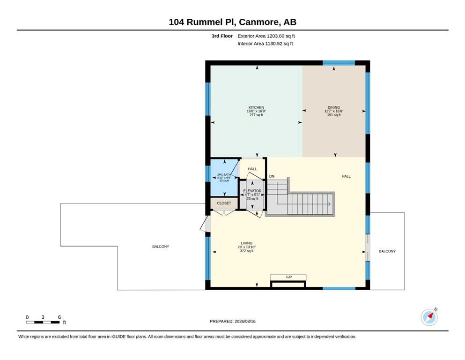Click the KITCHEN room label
(256, 107)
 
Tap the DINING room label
(333, 107)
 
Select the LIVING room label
(247, 243)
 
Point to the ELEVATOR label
(252, 191)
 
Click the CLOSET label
(224, 203)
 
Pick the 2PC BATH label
(224, 174)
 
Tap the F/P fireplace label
(289, 277)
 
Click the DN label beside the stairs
(272, 176)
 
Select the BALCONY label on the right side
(387, 251)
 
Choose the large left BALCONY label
(161, 247)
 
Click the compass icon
(429, 317)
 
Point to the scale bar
(43, 322)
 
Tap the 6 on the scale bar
(59, 317)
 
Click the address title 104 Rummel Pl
(202, 22)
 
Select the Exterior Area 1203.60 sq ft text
(266, 36)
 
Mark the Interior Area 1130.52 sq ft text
(265, 44)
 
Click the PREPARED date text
(232, 321)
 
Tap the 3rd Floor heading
(222, 36)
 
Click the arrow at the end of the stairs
(329, 204)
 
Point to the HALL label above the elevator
(252, 169)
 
